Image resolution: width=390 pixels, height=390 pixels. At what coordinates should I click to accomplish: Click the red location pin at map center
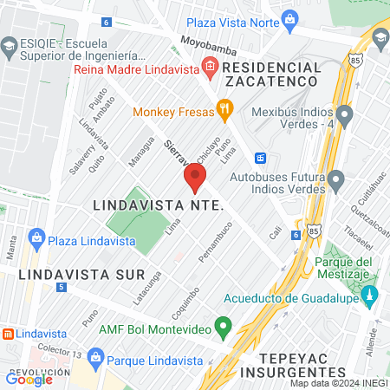coord(194,179)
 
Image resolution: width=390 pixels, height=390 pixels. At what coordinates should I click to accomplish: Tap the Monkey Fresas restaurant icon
coord(224,108)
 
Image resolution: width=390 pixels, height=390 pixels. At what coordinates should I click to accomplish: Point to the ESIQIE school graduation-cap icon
coord(10,46)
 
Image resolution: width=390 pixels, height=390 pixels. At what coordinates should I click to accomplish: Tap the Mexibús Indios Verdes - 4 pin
coord(345,114)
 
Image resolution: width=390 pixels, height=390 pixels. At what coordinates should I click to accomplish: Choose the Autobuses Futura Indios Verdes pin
coord(336,181)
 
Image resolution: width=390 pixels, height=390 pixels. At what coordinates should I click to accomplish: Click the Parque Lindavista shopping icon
coord(95,356)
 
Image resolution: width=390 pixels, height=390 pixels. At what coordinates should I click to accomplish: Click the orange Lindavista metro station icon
coord(7,333)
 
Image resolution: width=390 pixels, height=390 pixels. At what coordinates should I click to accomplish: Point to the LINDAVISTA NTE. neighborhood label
coord(158,206)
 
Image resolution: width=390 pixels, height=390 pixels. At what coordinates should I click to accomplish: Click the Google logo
coord(28,378)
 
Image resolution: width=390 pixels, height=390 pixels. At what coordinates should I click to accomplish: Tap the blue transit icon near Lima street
coord(260,159)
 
